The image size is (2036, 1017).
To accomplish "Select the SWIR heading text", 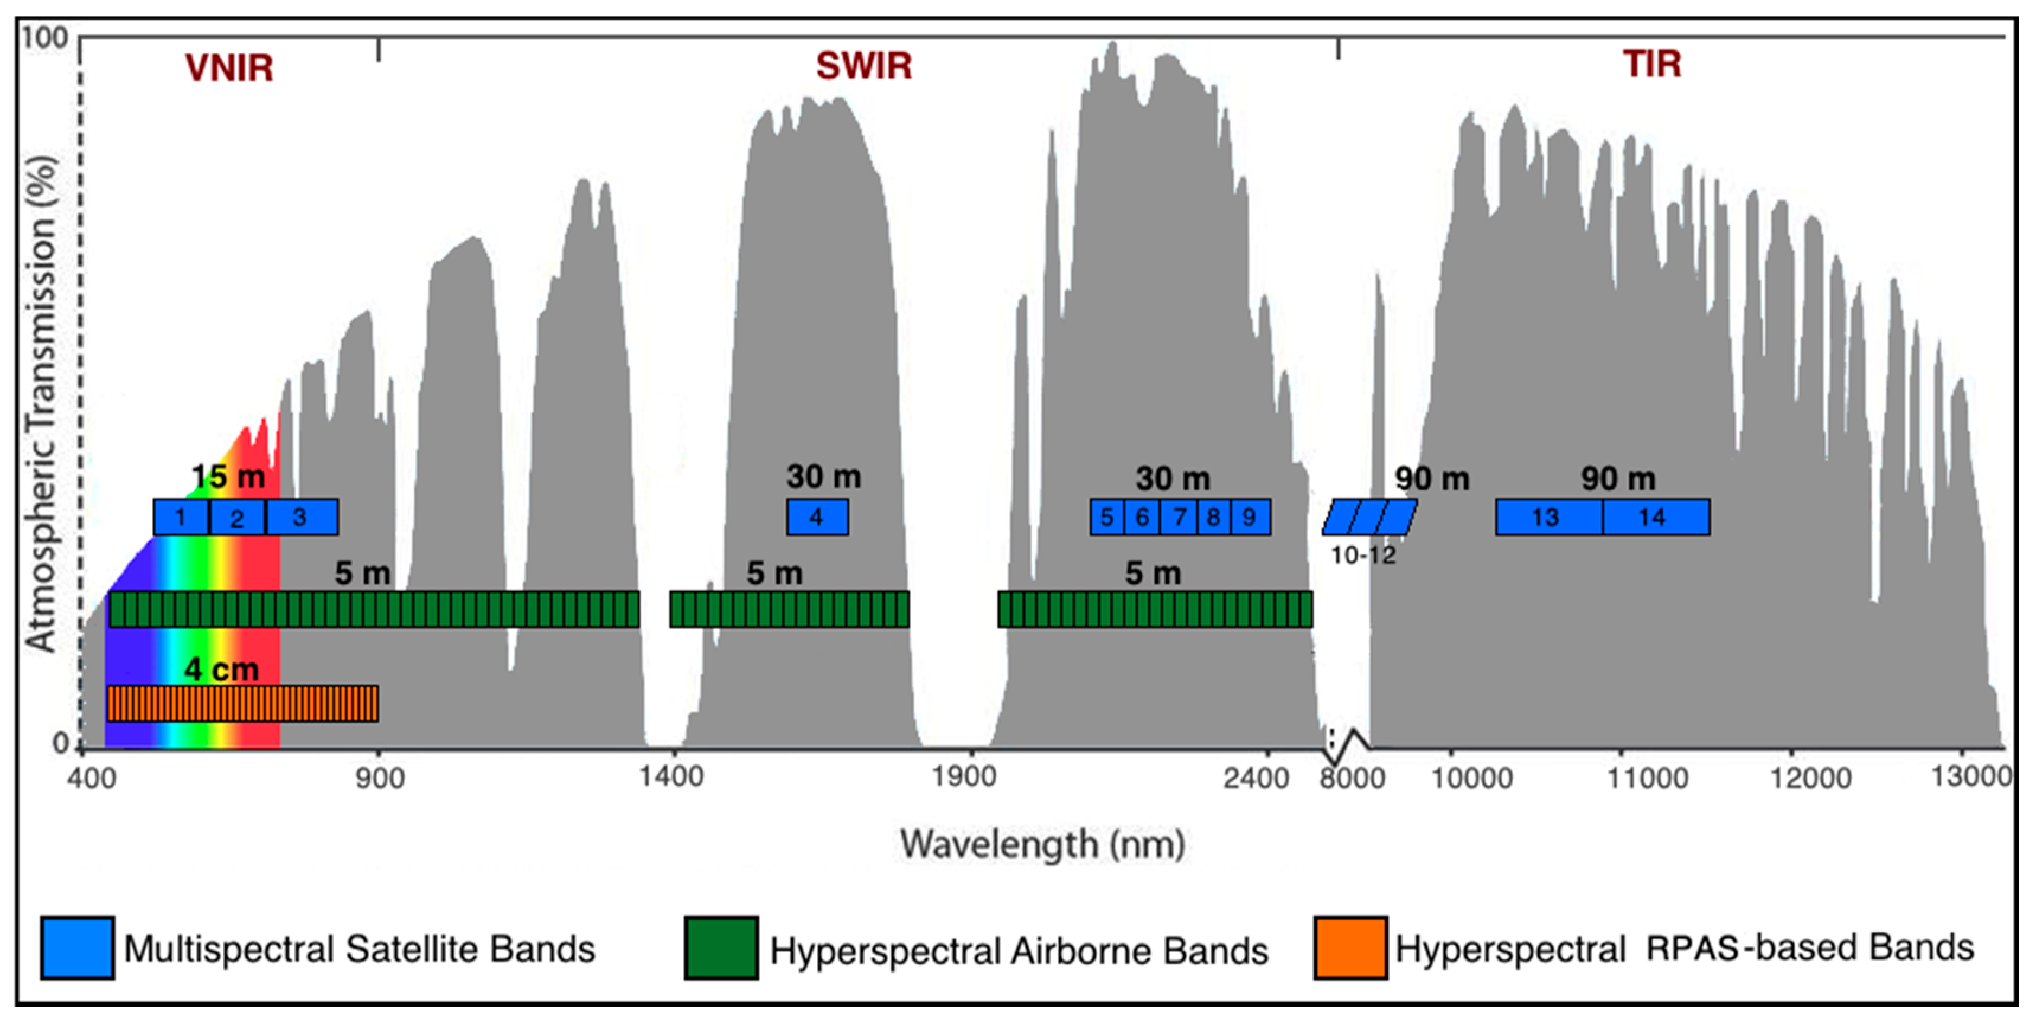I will point(864,66).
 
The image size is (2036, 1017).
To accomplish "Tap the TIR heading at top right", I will point(1652,65).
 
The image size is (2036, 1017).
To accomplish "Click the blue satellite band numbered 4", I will point(817,517).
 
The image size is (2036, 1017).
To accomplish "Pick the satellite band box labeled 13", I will point(1548,517).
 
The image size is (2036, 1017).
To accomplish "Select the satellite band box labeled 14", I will point(1655,517).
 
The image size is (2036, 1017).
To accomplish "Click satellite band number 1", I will point(181,517).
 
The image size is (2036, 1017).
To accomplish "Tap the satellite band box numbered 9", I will point(1250,517).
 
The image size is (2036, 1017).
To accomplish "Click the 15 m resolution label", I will point(228,477).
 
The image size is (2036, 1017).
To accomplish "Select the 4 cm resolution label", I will point(221,671).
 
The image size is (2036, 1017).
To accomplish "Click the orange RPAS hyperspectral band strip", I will point(242,704).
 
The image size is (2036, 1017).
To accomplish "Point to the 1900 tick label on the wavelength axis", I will point(963,778).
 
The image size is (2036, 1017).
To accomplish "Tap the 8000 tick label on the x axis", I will point(1352,779).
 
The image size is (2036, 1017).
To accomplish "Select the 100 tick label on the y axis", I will point(45,38).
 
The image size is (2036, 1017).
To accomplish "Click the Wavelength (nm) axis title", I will point(1042,844).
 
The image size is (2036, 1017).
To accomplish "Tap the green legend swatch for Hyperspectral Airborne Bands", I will point(721,948).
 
